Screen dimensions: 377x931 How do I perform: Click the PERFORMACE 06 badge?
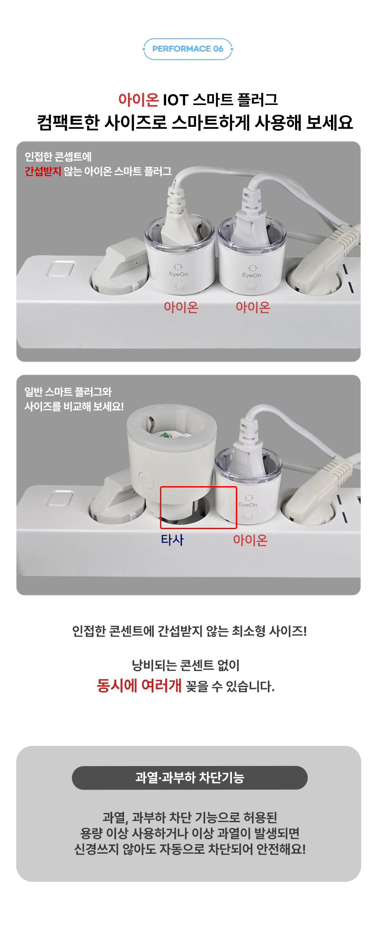point(188,49)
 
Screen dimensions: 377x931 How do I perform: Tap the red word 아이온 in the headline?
point(139,100)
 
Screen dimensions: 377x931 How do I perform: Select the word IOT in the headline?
point(175,100)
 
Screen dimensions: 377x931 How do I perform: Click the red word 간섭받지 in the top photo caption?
point(43,171)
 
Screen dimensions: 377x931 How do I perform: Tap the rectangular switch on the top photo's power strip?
point(60,269)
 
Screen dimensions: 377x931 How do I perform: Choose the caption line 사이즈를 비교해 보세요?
point(74,406)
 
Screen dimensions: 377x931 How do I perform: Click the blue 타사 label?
point(172,540)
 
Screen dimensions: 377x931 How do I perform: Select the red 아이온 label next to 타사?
point(250,540)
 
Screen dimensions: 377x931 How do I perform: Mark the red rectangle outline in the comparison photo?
point(199,487)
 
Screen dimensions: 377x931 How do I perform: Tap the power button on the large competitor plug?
point(146,481)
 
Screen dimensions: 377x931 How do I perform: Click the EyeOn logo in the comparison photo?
point(248,502)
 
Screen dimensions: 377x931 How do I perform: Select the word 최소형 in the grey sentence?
point(249,631)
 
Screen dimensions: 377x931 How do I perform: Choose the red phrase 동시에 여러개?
point(139,685)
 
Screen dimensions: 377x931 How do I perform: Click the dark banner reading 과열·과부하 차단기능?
point(190,778)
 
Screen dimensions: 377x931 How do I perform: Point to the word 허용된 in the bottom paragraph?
point(260,817)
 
